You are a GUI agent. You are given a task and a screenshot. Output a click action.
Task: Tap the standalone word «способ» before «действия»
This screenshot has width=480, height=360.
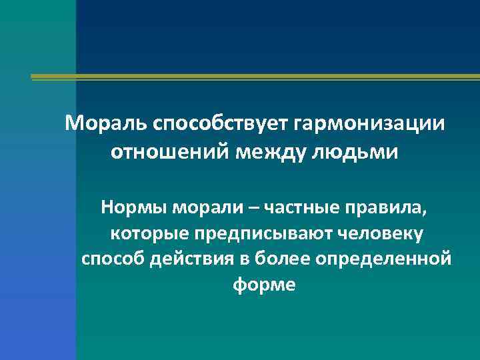point(111,259)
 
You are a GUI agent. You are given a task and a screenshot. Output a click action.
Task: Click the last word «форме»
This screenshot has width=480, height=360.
point(264,284)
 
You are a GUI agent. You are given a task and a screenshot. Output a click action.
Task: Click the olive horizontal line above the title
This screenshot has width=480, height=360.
point(253,77)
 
